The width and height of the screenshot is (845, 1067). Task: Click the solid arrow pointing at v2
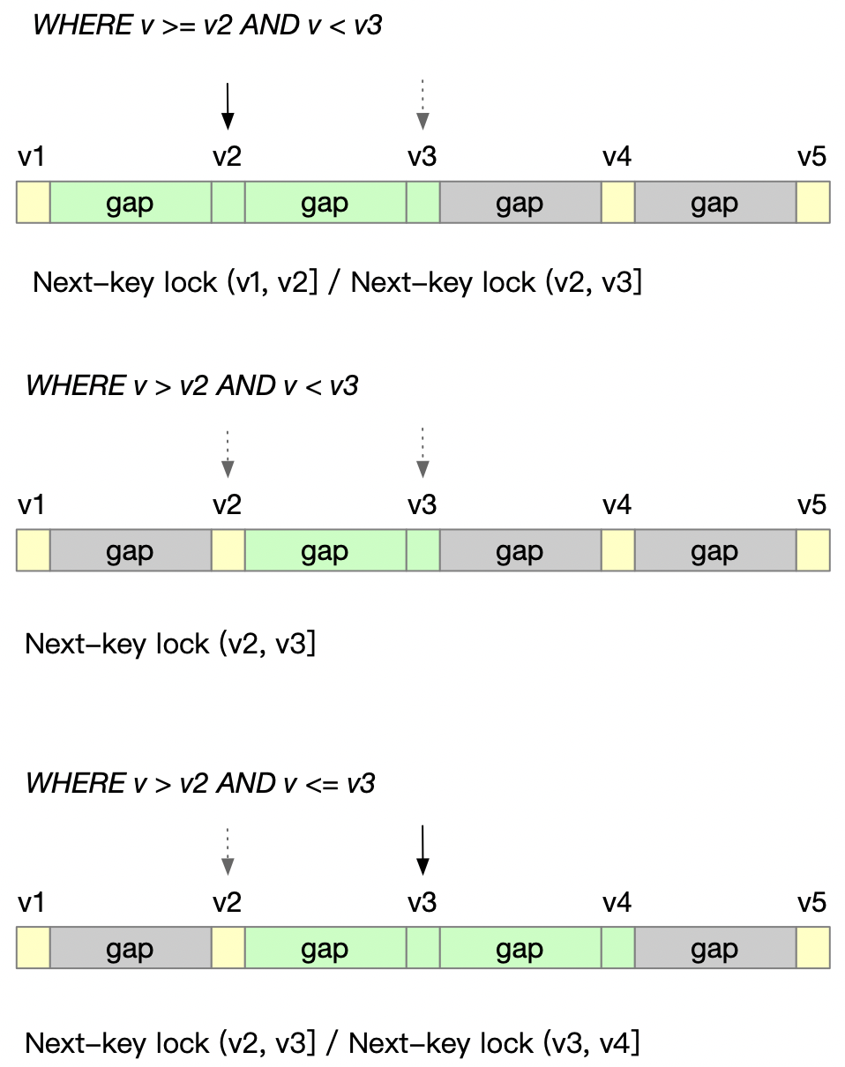(x=228, y=106)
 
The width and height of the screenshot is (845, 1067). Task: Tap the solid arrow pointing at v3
(x=422, y=850)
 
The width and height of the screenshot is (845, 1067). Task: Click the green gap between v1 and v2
(x=131, y=203)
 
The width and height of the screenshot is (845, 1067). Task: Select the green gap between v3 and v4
(x=520, y=949)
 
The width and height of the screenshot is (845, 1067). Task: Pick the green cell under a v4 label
(x=617, y=949)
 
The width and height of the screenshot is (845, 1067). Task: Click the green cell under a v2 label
(x=228, y=203)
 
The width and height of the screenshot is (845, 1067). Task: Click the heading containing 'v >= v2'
(x=207, y=26)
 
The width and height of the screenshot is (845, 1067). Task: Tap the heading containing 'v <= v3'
(x=200, y=783)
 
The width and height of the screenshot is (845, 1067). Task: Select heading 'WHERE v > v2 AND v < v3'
(x=191, y=386)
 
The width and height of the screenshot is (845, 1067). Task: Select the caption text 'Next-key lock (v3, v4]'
(x=494, y=1043)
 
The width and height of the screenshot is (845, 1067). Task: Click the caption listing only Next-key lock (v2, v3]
(x=170, y=644)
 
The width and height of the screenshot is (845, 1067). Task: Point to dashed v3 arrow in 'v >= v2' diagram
(x=422, y=104)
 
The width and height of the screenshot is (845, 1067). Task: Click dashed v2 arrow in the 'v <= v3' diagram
(x=228, y=850)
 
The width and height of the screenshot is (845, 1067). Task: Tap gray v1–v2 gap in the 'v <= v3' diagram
(x=131, y=949)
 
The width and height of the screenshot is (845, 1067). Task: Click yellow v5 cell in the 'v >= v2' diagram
(x=812, y=203)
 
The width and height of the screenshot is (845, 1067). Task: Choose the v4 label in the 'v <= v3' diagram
(x=617, y=903)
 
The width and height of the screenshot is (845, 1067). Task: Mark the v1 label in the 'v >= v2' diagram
(x=32, y=157)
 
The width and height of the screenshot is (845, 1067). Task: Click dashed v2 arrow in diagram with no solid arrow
(x=228, y=453)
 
